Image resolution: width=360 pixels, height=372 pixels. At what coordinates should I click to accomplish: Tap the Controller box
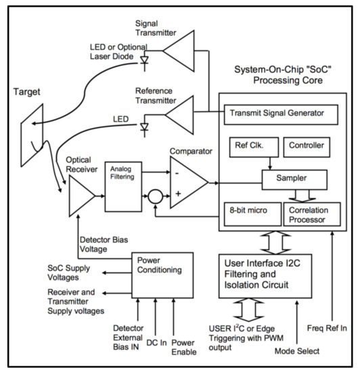pyautogui.click(x=310, y=145)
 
